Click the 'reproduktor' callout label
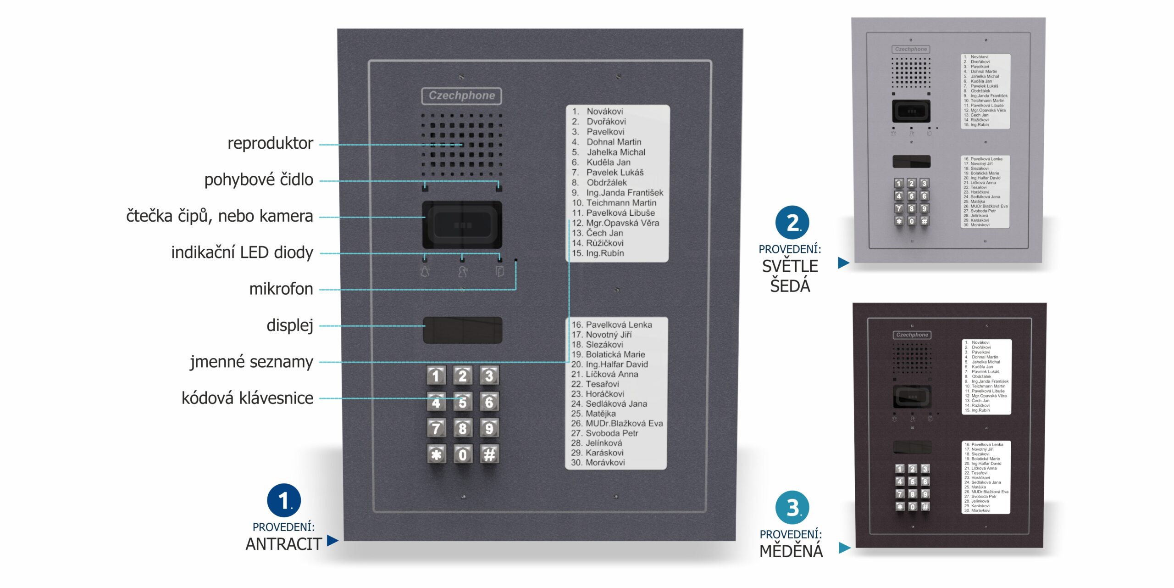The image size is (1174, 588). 270,143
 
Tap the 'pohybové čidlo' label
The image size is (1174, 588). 259,179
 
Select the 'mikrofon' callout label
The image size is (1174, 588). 281,289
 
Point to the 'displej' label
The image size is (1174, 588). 289,325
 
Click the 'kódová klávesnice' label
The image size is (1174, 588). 247,398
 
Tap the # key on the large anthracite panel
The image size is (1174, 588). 489,454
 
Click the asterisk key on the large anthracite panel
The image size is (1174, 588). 436,454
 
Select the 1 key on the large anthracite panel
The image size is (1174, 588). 436,376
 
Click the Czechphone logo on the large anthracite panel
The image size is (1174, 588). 461,95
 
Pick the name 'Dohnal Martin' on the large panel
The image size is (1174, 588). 614,142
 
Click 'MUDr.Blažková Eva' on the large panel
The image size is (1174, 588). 624,423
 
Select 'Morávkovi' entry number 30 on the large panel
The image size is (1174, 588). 605,462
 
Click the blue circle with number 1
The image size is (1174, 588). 284,500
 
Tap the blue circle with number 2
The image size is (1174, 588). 792,223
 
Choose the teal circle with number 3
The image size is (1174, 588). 792,508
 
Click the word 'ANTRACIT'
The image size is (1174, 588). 283,544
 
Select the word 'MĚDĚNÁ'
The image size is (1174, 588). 791,551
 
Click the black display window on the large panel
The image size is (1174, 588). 462,330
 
